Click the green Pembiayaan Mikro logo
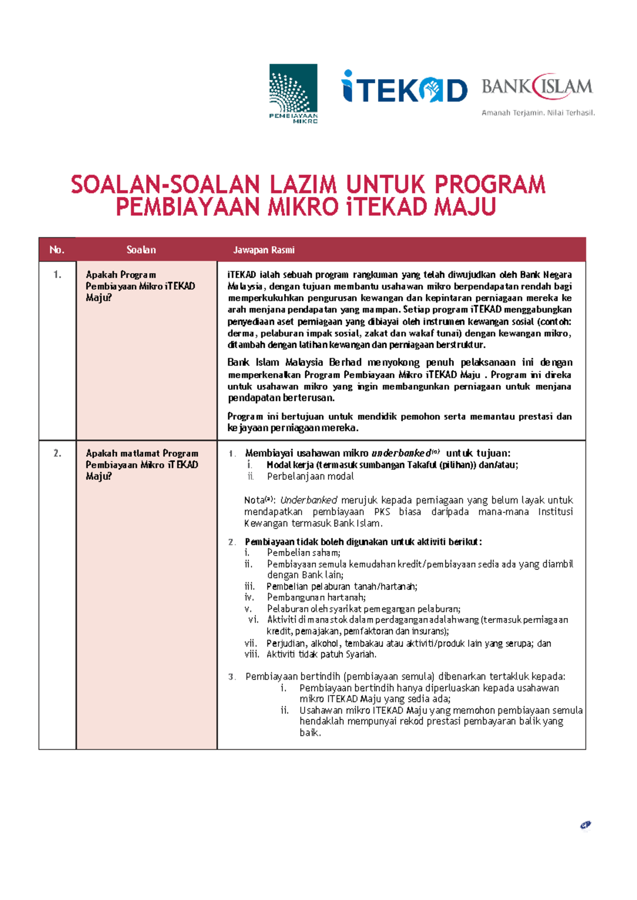[x=293, y=93]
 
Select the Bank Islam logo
[x=537, y=86]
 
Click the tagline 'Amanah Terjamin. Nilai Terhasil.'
[x=538, y=112]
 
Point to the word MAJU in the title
[x=464, y=207]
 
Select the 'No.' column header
[x=57, y=250]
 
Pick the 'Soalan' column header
[x=141, y=250]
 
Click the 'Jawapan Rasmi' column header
[x=264, y=250]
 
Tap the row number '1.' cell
[x=57, y=275]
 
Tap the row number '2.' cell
[x=57, y=453]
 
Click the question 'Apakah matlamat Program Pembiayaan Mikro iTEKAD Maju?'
[x=142, y=465]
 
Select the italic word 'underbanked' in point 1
[x=401, y=453]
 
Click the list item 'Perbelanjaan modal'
[x=311, y=477]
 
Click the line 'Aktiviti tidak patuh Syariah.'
[x=322, y=654]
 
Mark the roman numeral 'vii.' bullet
[x=251, y=643]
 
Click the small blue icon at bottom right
[x=586, y=825]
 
